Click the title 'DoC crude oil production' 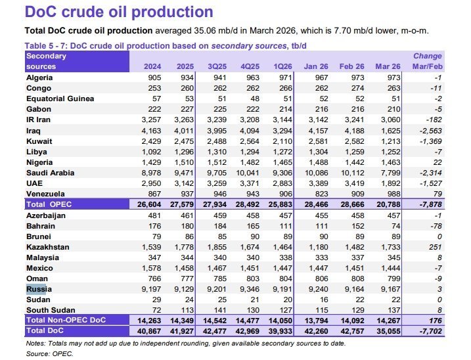(118, 12)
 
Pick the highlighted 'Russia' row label (37, 288)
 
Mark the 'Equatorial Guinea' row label (59, 99)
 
